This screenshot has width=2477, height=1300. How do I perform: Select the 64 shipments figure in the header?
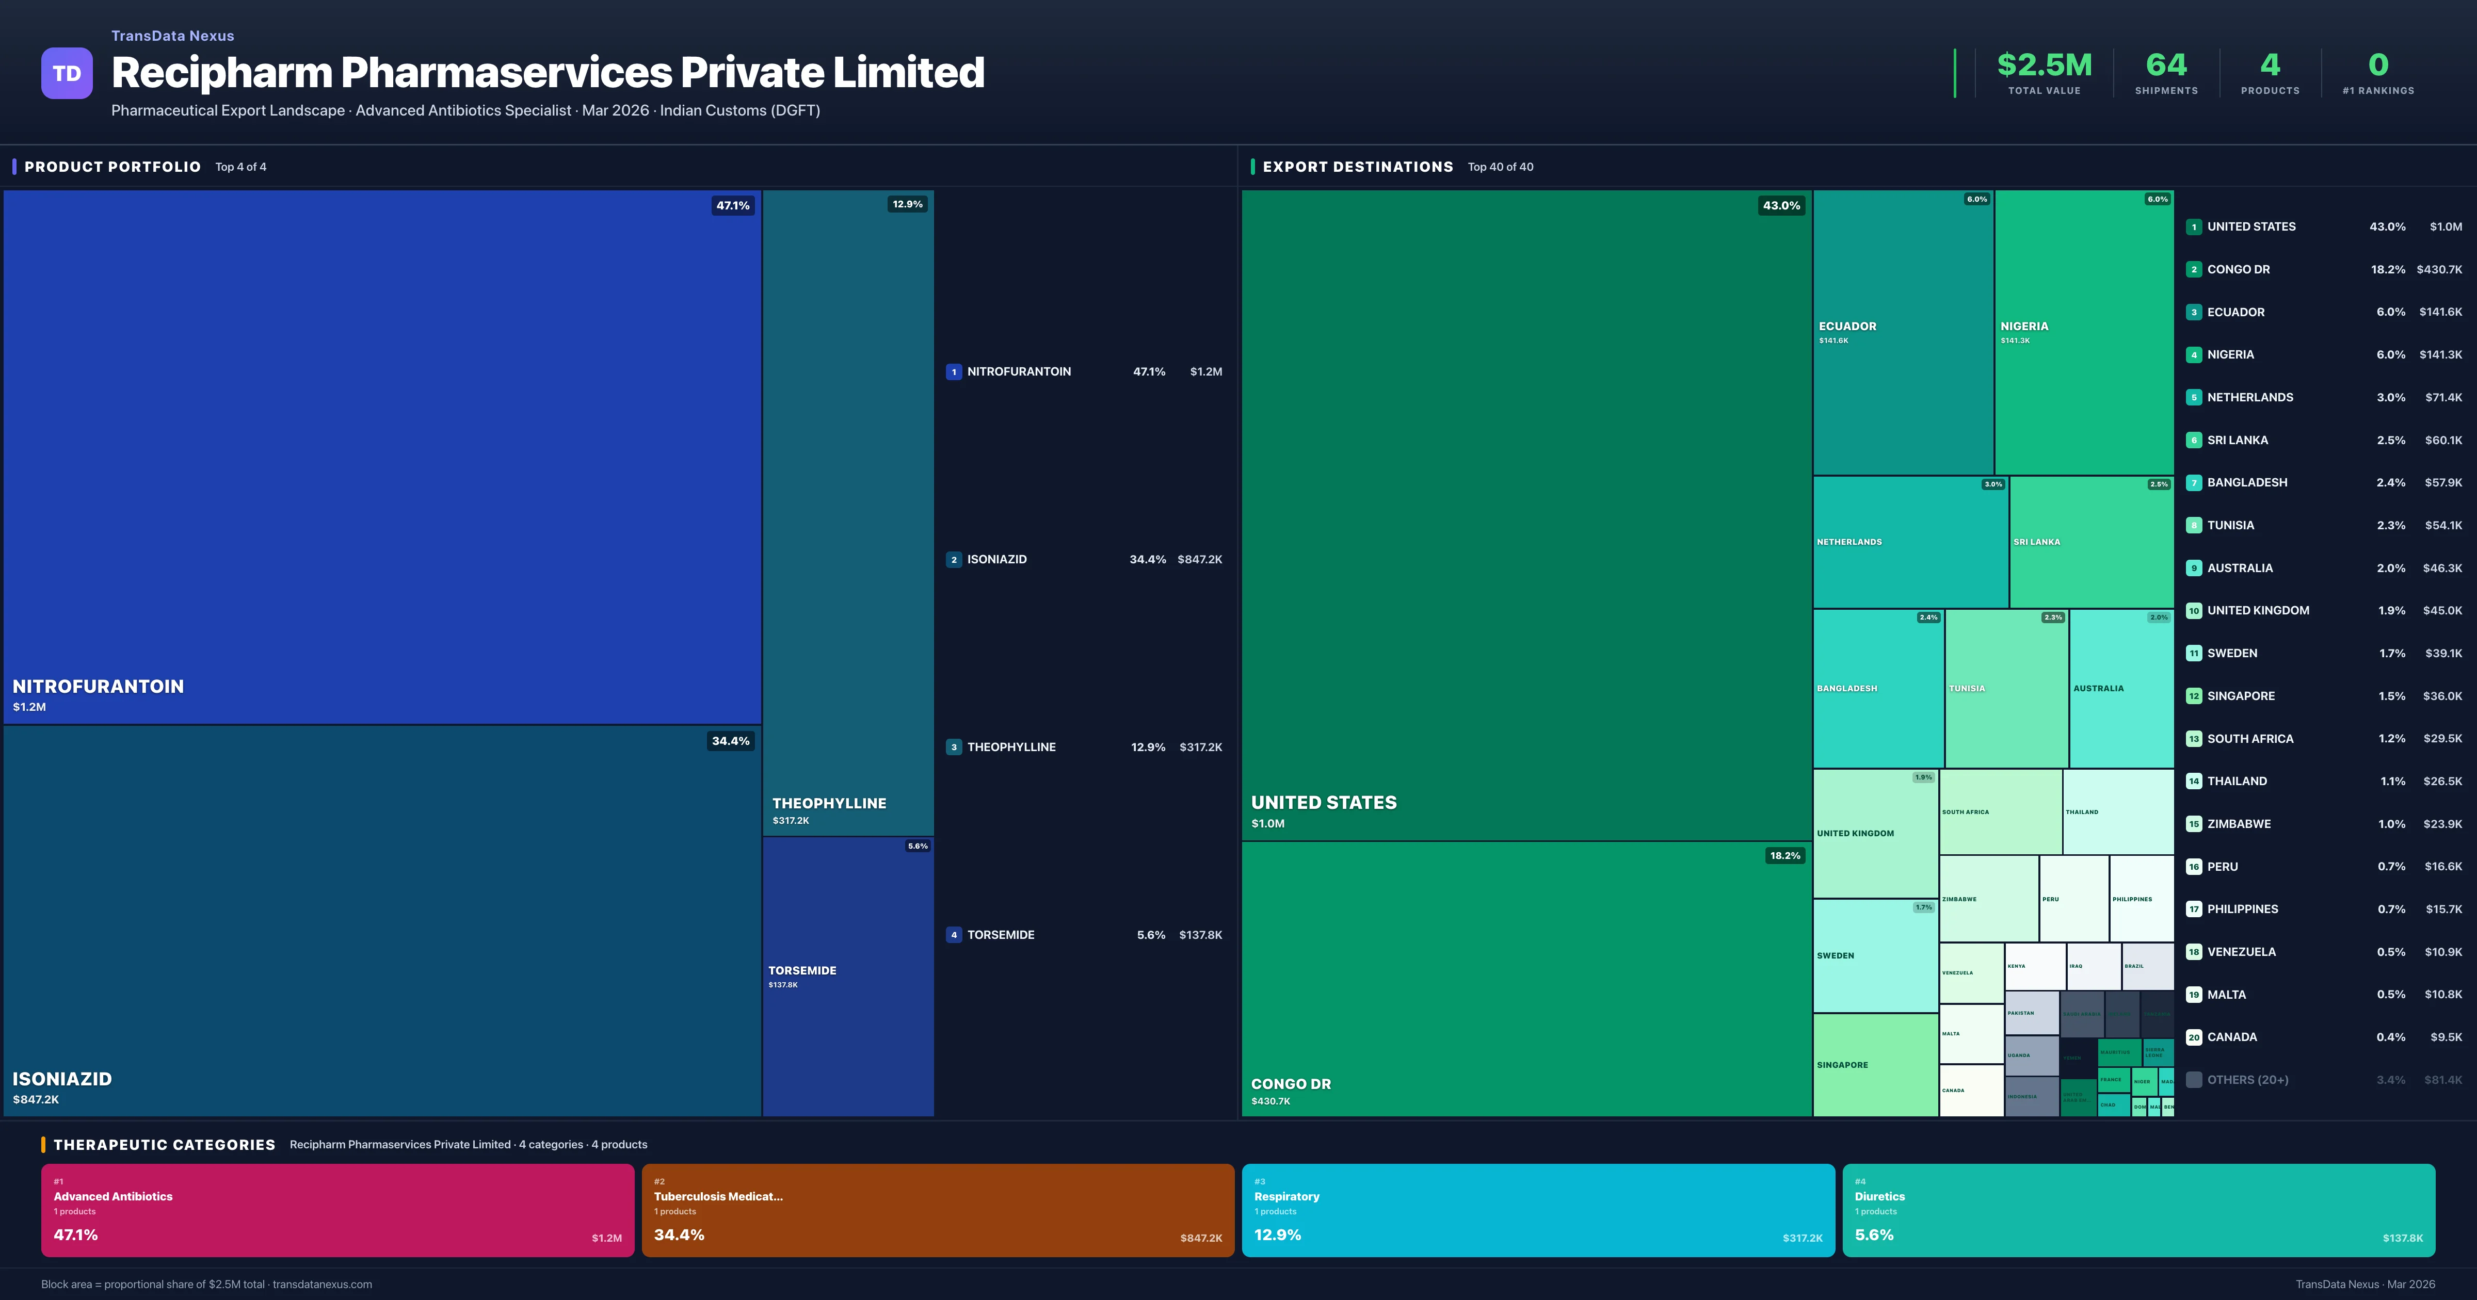coord(2165,66)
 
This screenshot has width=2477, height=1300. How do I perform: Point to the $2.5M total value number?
coord(2044,66)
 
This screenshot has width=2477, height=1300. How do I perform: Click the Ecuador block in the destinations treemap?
coord(1902,332)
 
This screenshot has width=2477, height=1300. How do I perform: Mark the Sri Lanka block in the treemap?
coord(2090,541)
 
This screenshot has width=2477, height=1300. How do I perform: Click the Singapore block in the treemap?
coord(1874,1064)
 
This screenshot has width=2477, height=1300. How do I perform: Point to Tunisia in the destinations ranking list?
coord(2230,525)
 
